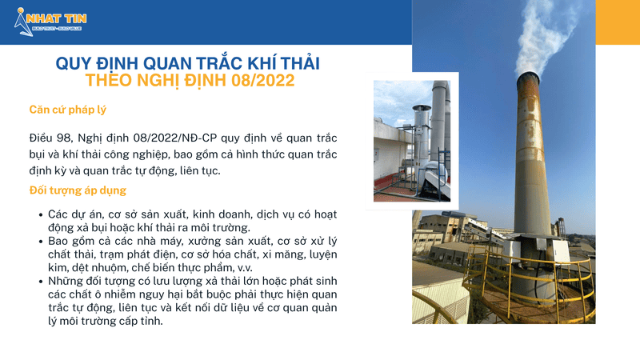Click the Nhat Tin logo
tap(50, 21)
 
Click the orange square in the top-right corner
tap(618, 22)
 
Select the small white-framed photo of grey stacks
tap(411, 141)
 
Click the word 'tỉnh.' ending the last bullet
tap(149, 322)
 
